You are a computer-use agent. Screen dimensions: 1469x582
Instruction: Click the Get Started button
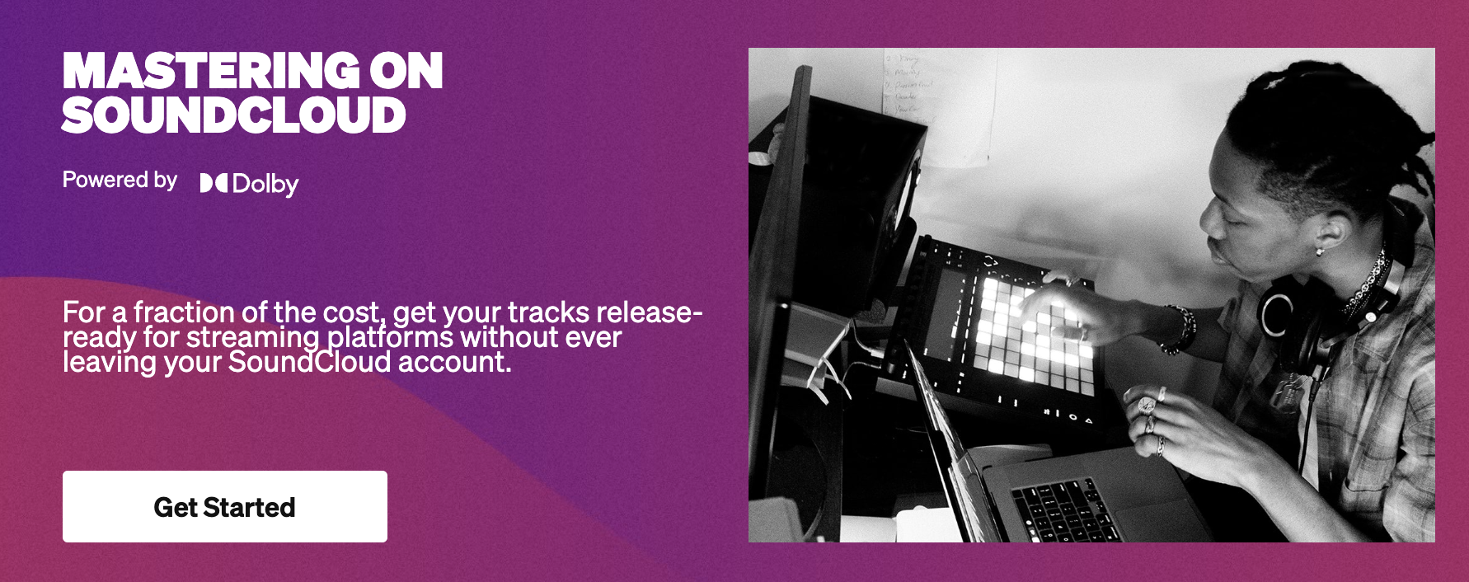225,506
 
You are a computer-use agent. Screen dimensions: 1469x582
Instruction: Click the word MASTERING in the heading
211,71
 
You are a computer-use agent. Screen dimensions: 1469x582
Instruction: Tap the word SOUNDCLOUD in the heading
234,115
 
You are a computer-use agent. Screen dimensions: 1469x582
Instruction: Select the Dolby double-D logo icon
214,183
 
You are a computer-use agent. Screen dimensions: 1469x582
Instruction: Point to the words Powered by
120,181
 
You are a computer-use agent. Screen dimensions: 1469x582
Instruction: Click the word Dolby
265,184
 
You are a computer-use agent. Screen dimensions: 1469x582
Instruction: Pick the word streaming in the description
253,338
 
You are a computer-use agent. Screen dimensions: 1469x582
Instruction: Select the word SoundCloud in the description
309,362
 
